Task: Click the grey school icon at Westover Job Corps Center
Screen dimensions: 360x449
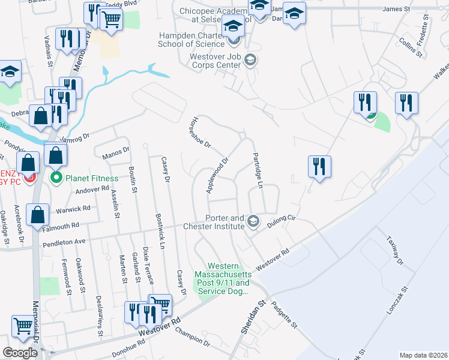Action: [251, 59]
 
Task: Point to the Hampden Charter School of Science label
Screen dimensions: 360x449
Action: [190, 39]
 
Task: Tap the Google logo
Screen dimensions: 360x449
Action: [20, 353]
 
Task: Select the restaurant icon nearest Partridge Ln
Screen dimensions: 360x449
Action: [319, 166]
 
